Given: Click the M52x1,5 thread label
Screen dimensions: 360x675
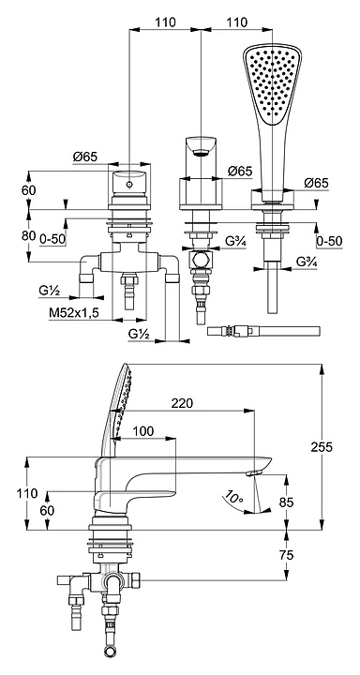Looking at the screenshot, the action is click(x=74, y=313).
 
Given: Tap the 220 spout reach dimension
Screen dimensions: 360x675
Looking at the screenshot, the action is click(x=182, y=403).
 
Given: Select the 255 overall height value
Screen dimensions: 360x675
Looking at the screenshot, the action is click(x=322, y=447).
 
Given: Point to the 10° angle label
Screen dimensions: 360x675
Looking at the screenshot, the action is click(x=232, y=499).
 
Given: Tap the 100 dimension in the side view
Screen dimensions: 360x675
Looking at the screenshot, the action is click(x=142, y=431).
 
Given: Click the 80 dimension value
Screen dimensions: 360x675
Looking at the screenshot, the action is click(x=29, y=236).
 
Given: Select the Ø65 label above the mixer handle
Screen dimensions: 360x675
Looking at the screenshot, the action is click(x=85, y=157).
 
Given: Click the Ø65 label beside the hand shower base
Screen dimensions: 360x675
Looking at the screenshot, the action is click(x=316, y=183).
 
